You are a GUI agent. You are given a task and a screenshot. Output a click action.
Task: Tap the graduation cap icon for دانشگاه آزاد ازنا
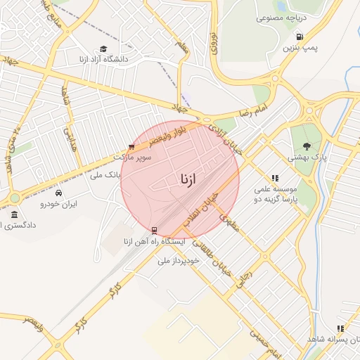click(x=103, y=49)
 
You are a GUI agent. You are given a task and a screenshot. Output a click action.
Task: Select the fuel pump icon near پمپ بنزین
click(x=300, y=37)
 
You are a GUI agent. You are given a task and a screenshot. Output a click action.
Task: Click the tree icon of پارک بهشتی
click(x=307, y=146)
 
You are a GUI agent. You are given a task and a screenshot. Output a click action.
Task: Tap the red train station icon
click(x=154, y=230)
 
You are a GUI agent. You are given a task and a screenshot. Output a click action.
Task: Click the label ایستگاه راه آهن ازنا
click(x=154, y=242)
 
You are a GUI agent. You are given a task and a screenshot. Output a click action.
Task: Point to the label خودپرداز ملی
click(x=179, y=259)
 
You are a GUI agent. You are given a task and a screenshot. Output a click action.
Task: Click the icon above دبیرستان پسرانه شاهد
click(x=340, y=328)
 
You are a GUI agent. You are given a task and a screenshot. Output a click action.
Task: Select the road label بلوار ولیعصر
click(x=155, y=141)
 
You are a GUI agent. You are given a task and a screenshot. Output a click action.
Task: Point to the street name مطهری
click(x=230, y=224)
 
